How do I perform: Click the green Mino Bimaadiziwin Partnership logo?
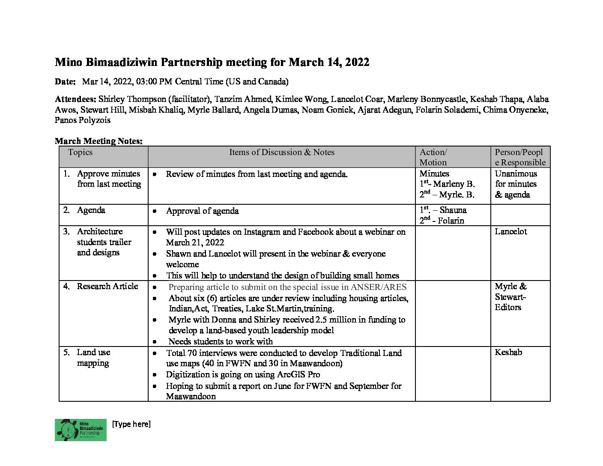pos(81,430)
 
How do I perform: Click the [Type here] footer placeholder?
pos(131,424)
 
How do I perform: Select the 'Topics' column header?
pos(80,152)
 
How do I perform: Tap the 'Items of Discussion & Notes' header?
pos(281,152)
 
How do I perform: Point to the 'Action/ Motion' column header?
pos(433,157)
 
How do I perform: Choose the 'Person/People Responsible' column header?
pos(520,157)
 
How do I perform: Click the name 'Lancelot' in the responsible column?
pos(510,232)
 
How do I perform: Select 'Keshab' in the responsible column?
pos(508,352)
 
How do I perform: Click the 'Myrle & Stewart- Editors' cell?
pos(510,297)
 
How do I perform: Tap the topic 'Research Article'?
pos(107,287)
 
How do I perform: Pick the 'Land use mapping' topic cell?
pos(93,358)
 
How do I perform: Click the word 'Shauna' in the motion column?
pos(453,210)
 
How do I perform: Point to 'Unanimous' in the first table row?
pos(516,174)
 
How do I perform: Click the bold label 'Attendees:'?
pos(75,99)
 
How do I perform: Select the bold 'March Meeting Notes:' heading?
pos(99,141)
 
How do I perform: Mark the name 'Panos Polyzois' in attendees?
pos(82,120)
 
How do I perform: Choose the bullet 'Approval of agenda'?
pos(202,211)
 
